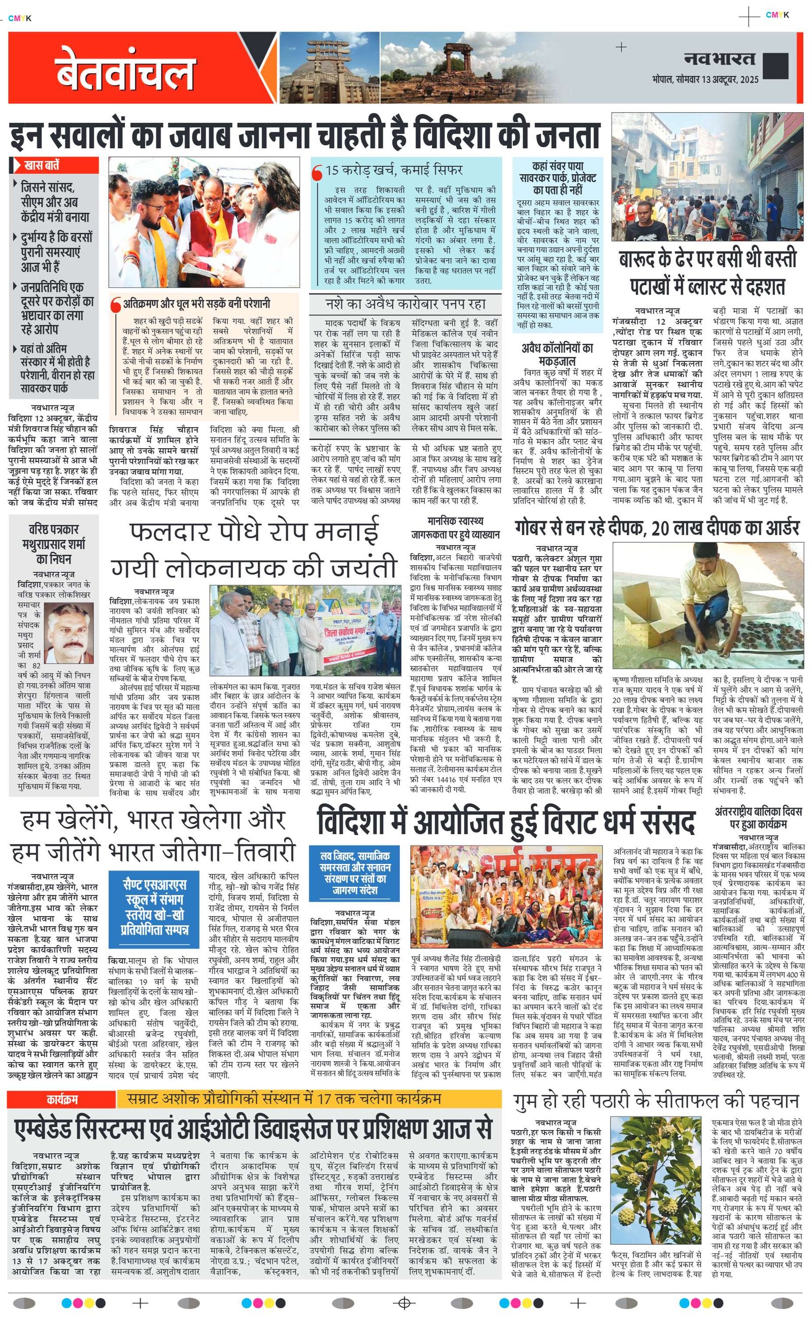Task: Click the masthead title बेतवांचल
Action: (125, 70)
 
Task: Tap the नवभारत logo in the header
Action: (720, 59)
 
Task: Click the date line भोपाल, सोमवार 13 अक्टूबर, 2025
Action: (705, 80)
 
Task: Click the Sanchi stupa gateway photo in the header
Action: (329, 68)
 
